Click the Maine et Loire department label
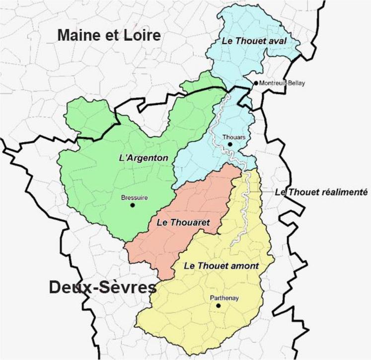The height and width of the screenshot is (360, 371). coord(109,35)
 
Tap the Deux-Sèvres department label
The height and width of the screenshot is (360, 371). coord(102,287)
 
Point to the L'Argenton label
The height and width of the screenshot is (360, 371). coord(144,158)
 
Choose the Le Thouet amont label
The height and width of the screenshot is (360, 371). coord(221,266)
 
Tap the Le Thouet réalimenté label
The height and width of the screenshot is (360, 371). coord(321,192)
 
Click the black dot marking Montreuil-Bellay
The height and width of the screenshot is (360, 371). coord(256,83)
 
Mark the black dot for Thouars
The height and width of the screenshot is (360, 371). coord(229,144)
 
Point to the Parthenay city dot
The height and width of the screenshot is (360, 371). coord(218,305)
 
